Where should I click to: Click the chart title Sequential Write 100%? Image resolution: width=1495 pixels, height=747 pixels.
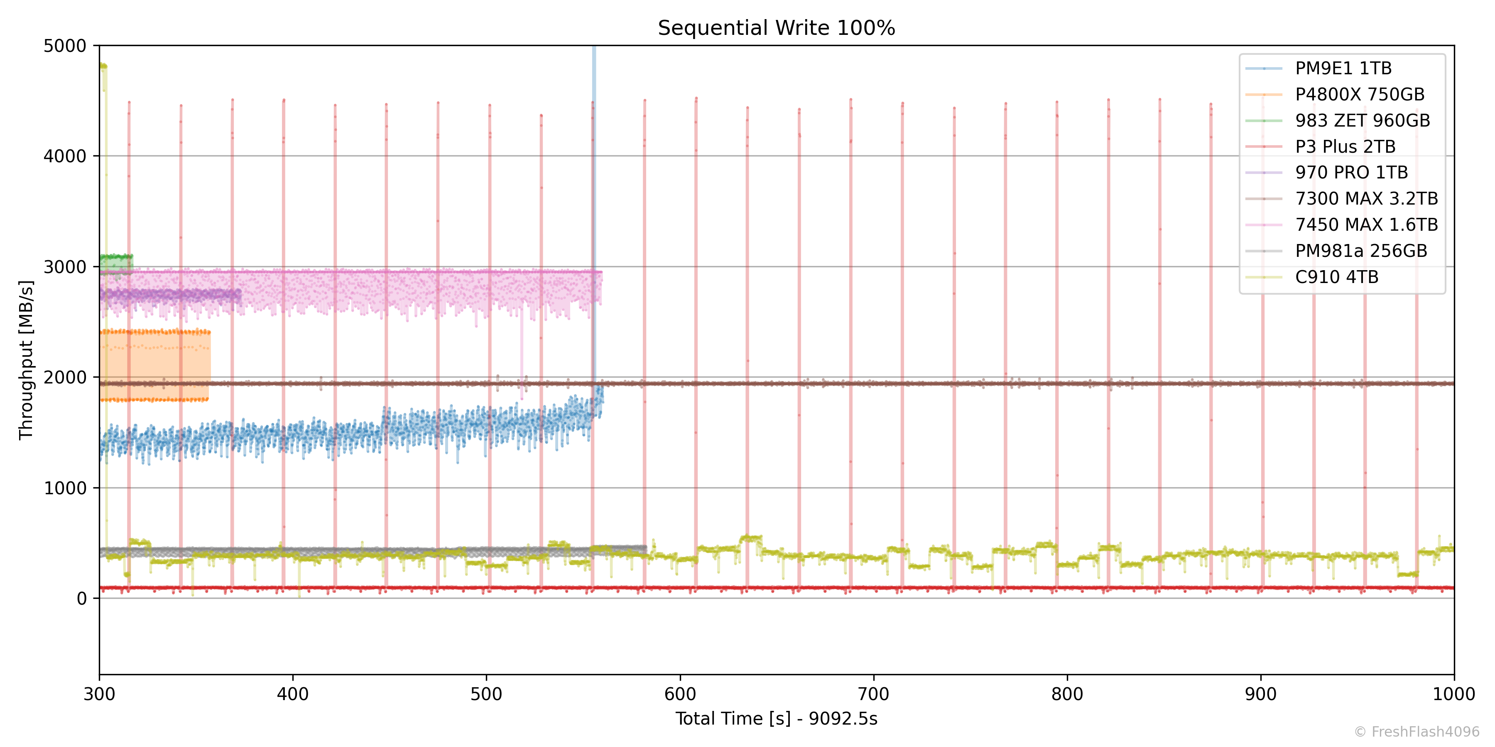(x=776, y=28)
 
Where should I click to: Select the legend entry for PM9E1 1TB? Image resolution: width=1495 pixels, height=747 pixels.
(x=1343, y=68)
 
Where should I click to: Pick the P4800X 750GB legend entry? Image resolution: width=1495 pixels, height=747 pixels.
(x=1359, y=95)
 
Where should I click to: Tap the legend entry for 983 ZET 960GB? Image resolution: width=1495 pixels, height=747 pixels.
(x=1362, y=121)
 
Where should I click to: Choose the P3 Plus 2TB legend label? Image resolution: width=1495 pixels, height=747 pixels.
(x=1345, y=147)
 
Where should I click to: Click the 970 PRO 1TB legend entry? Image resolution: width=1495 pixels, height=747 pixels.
(x=1351, y=173)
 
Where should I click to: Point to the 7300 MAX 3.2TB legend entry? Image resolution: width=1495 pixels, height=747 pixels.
(x=1366, y=199)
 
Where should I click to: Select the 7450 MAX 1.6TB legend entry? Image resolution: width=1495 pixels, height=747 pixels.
(x=1366, y=225)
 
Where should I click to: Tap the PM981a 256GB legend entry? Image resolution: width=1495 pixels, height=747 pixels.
(x=1360, y=251)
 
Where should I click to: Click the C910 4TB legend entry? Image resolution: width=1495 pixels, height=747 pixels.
(x=1336, y=277)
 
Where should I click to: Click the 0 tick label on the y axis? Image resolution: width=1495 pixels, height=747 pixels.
(x=82, y=598)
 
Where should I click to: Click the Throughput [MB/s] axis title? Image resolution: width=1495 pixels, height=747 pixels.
(x=26, y=359)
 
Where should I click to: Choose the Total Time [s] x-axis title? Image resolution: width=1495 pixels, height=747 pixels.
(x=776, y=719)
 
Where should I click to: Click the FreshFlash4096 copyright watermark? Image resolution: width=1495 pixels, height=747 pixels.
(x=1417, y=732)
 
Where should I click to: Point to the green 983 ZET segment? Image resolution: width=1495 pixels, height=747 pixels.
(x=116, y=262)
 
